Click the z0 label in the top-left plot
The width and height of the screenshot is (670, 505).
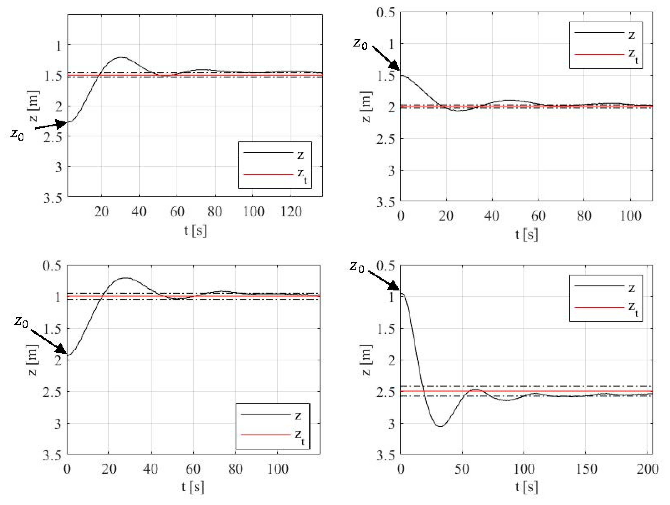pyautogui.click(x=17, y=134)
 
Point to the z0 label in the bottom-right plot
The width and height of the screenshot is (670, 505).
pyautogui.click(x=357, y=267)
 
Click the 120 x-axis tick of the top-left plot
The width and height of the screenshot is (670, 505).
pyautogui.click(x=291, y=212)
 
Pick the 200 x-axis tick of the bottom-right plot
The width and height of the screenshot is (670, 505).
pyautogui.click(x=648, y=469)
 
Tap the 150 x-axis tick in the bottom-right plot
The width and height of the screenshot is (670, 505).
pyautogui.click(x=586, y=469)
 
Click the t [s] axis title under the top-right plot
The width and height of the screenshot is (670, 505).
pyautogui.click(x=526, y=234)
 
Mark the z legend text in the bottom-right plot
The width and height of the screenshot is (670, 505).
pyautogui.click(x=631, y=288)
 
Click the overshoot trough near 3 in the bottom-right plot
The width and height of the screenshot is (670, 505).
pyautogui.click(x=441, y=426)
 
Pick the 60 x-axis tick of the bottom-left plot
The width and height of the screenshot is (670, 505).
pyautogui.click(x=193, y=469)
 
